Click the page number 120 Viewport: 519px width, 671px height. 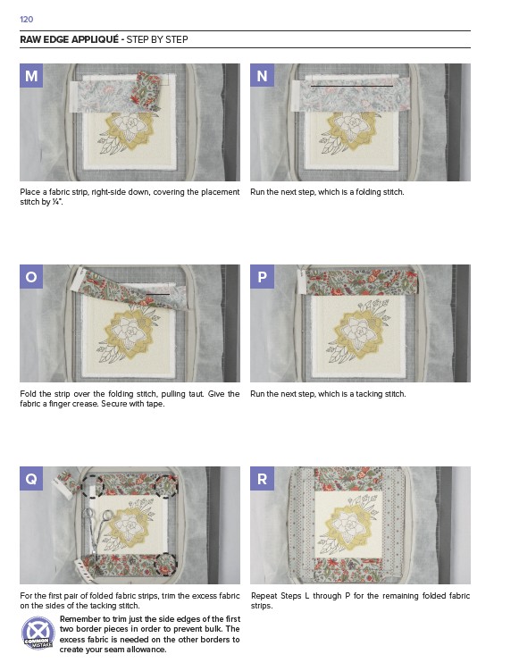tap(26, 20)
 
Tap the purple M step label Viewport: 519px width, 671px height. tap(30, 76)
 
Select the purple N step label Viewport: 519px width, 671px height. tap(262, 76)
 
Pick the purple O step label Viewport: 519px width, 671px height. tap(30, 276)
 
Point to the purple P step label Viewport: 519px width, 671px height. tap(262, 276)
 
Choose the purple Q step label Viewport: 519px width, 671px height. tap(30, 478)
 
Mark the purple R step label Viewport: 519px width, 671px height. tap(262, 478)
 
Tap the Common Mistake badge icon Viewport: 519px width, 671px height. tap(38, 633)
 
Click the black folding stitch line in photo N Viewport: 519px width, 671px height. tap(352, 87)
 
